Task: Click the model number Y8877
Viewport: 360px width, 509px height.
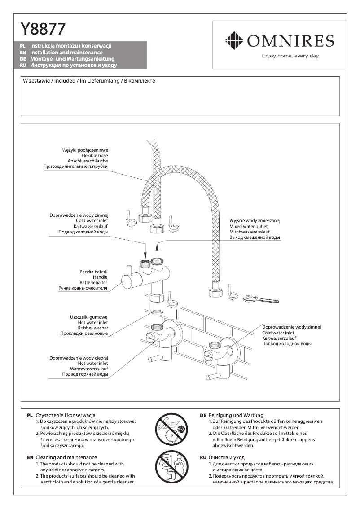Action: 43,30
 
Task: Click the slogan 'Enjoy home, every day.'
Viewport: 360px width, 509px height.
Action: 290,56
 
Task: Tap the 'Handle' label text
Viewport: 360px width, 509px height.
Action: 100,277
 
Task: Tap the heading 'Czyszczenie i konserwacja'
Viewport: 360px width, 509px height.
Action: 66,415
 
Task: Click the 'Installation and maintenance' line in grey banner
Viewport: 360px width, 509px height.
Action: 66,53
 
